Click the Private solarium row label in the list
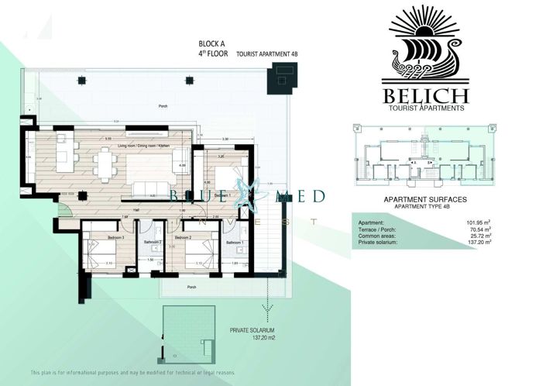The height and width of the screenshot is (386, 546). pyautogui.click(x=378, y=243)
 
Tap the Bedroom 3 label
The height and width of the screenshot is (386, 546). pyautogui.click(x=94, y=238)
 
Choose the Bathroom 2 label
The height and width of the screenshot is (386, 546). pyautogui.click(x=151, y=242)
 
